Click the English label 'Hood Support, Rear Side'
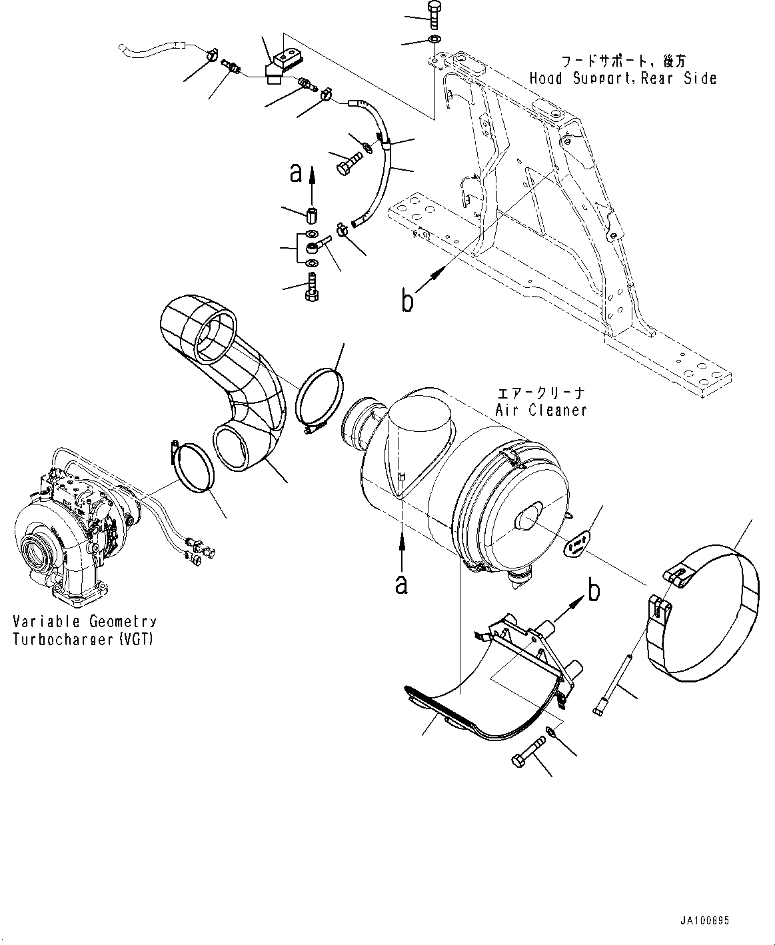tap(622, 79)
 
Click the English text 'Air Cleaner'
tap(541, 410)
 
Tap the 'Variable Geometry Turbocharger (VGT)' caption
tap(85, 629)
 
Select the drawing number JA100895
tap(704, 920)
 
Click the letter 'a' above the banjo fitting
tap(296, 173)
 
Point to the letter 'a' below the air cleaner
tap(401, 584)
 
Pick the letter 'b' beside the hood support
tap(407, 300)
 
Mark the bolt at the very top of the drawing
tap(432, 14)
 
